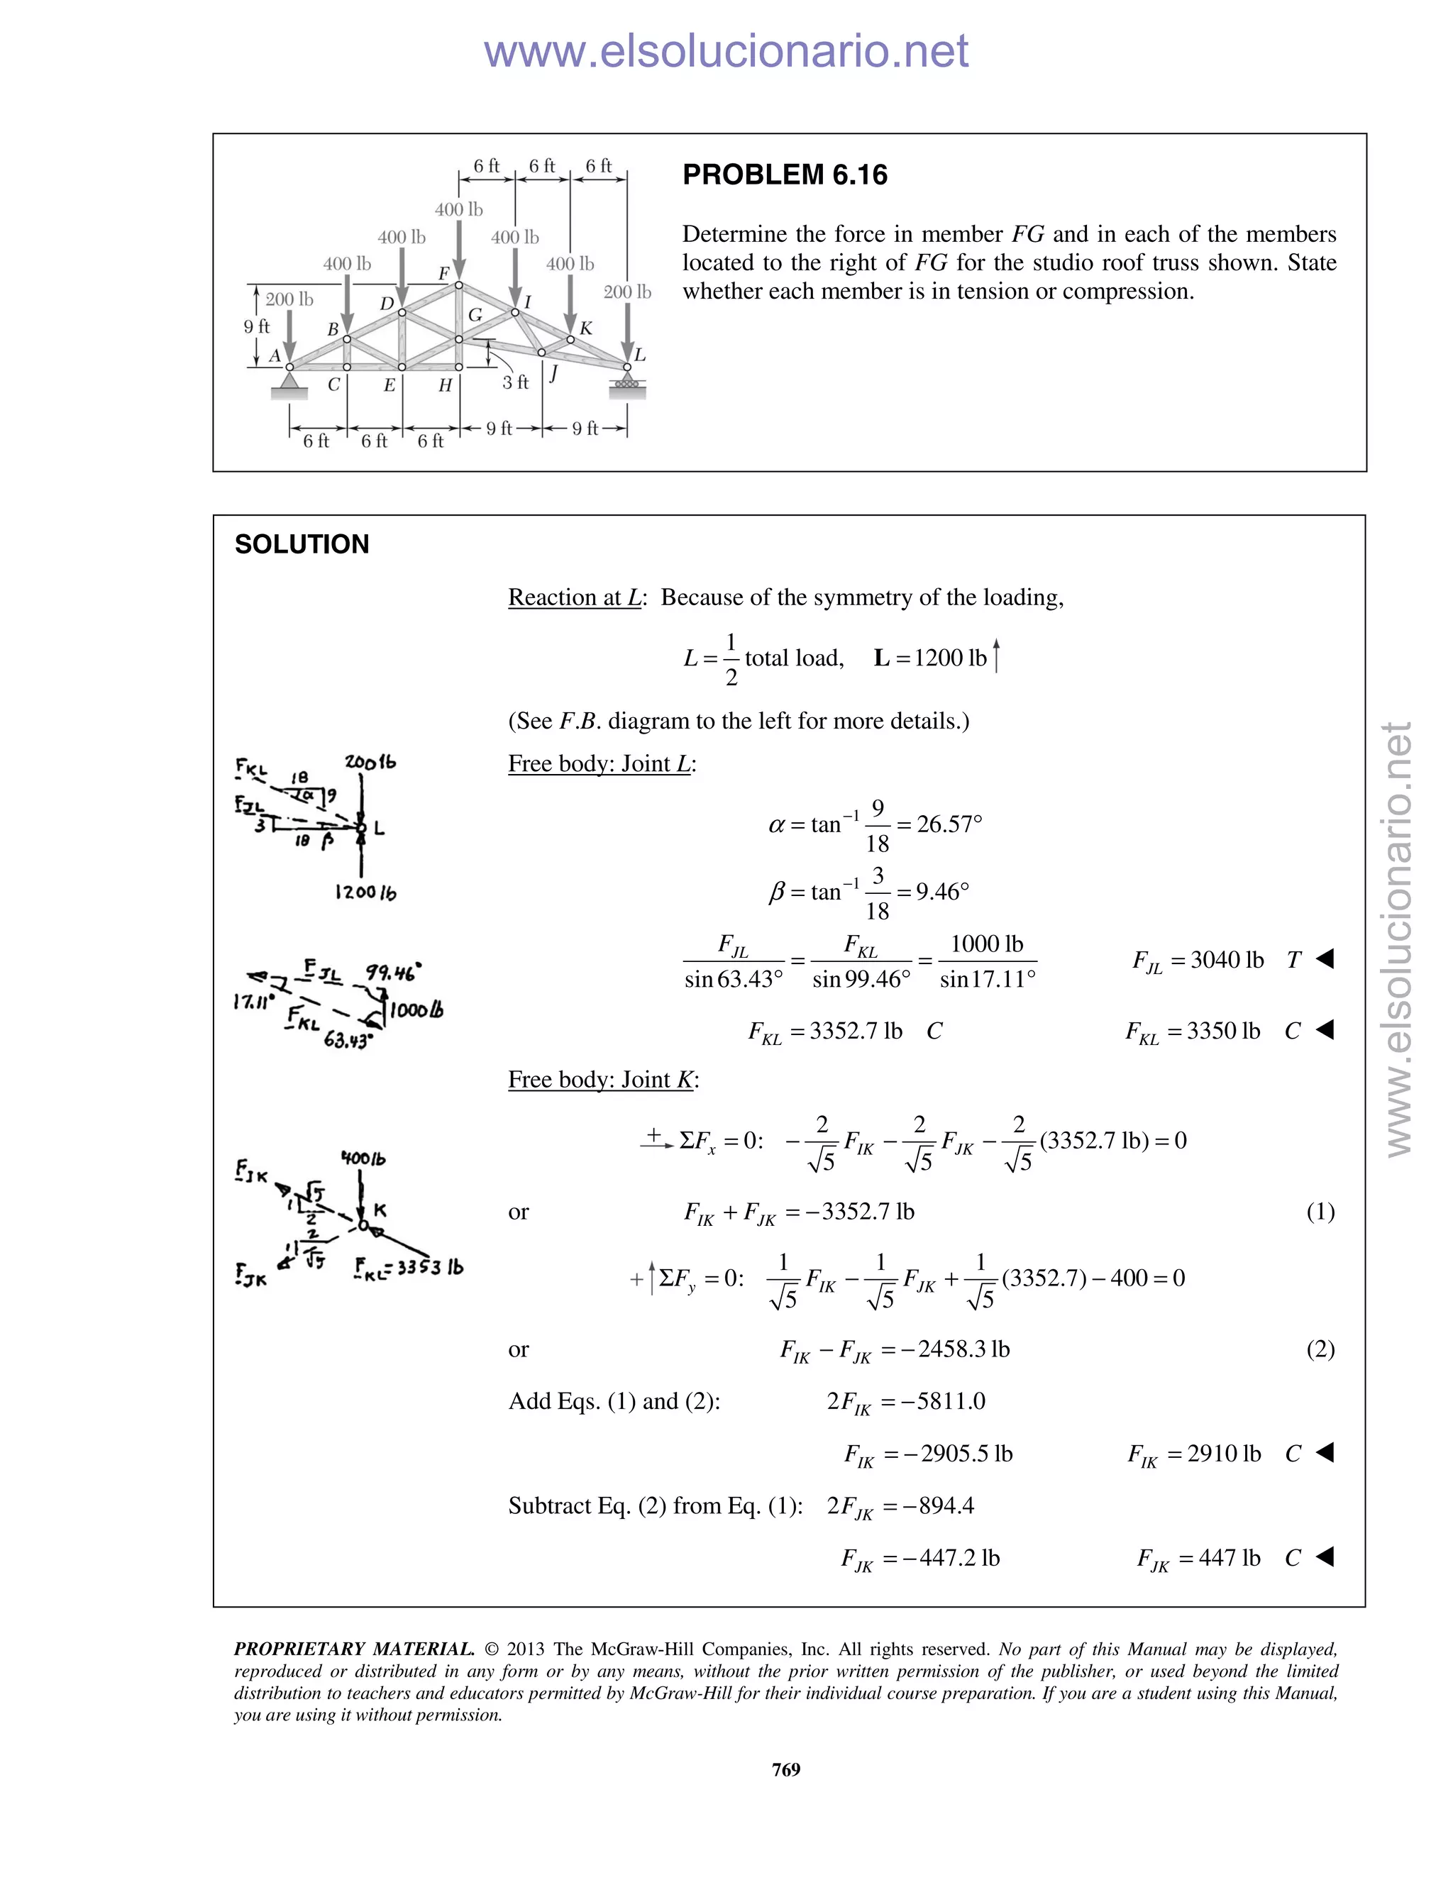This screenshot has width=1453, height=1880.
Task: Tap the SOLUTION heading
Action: pos(302,544)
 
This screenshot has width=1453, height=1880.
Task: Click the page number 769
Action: pos(786,1769)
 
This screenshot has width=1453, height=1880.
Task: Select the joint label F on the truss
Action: pos(444,274)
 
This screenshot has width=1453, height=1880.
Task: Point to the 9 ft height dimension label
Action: pos(257,327)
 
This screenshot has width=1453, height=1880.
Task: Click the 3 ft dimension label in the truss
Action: pos(516,382)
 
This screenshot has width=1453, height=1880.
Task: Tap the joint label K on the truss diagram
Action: pos(586,328)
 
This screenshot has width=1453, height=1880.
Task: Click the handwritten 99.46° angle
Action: pos(393,973)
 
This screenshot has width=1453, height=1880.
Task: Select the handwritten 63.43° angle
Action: pos(348,1041)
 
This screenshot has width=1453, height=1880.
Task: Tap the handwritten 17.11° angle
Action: pos(253,1001)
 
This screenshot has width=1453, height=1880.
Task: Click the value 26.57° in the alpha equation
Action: pos(949,824)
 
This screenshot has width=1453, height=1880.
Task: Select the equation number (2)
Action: pos(1320,1349)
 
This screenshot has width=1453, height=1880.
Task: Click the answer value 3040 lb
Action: pos(1227,960)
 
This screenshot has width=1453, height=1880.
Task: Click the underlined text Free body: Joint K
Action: pos(602,1080)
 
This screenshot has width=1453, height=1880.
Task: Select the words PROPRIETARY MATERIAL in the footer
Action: pos(354,1649)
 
